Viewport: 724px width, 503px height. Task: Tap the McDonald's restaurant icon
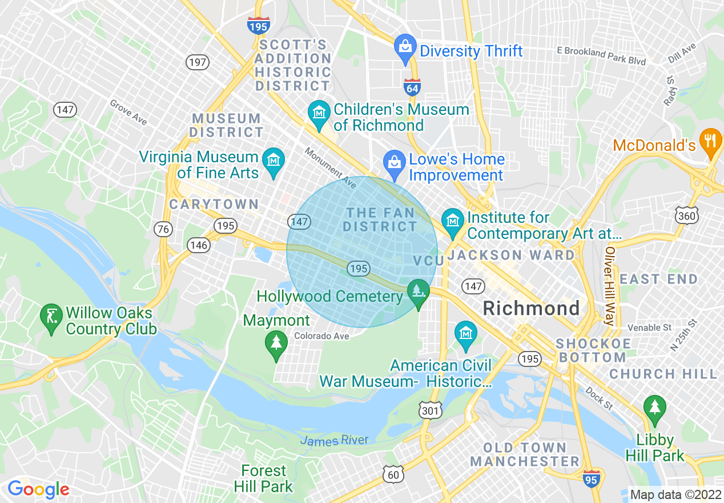[710, 142]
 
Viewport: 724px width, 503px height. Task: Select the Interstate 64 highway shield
[412, 87]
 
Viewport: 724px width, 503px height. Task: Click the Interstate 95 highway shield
[592, 478]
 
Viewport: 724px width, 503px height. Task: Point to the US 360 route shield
[686, 215]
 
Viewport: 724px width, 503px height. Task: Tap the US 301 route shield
[430, 410]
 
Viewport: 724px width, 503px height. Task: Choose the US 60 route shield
[393, 474]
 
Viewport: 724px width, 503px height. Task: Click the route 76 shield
[163, 229]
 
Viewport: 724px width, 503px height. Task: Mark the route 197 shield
[198, 62]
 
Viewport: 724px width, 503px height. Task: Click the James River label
[334, 440]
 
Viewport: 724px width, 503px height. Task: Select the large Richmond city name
[531, 309]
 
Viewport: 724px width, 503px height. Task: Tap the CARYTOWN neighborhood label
[214, 204]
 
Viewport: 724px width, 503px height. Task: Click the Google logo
[38, 489]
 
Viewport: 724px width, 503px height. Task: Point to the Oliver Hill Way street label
[610, 286]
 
